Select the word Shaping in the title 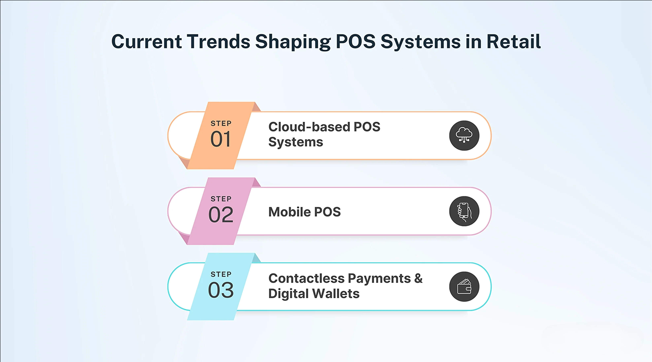[x=293, y=42]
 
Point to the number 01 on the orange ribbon [x=220, y=139]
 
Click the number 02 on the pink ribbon [x=221, y=214]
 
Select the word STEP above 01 [x=221, y=123]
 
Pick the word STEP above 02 [x=221, y=199]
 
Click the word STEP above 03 [x=221, y=274]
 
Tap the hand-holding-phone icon [x=464, y=211]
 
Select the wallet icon [x=464, y=287]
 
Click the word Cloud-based [x=309, y=127]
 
